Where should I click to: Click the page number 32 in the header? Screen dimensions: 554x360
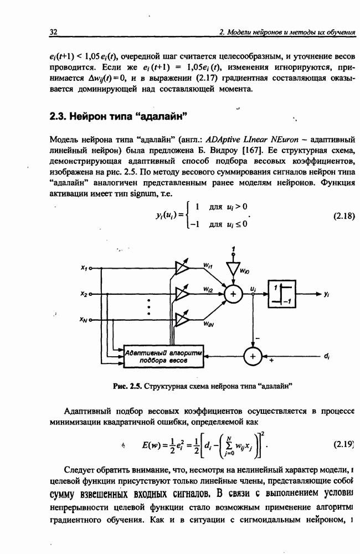pos(54,32)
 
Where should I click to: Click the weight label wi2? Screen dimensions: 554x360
pos(208,289)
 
